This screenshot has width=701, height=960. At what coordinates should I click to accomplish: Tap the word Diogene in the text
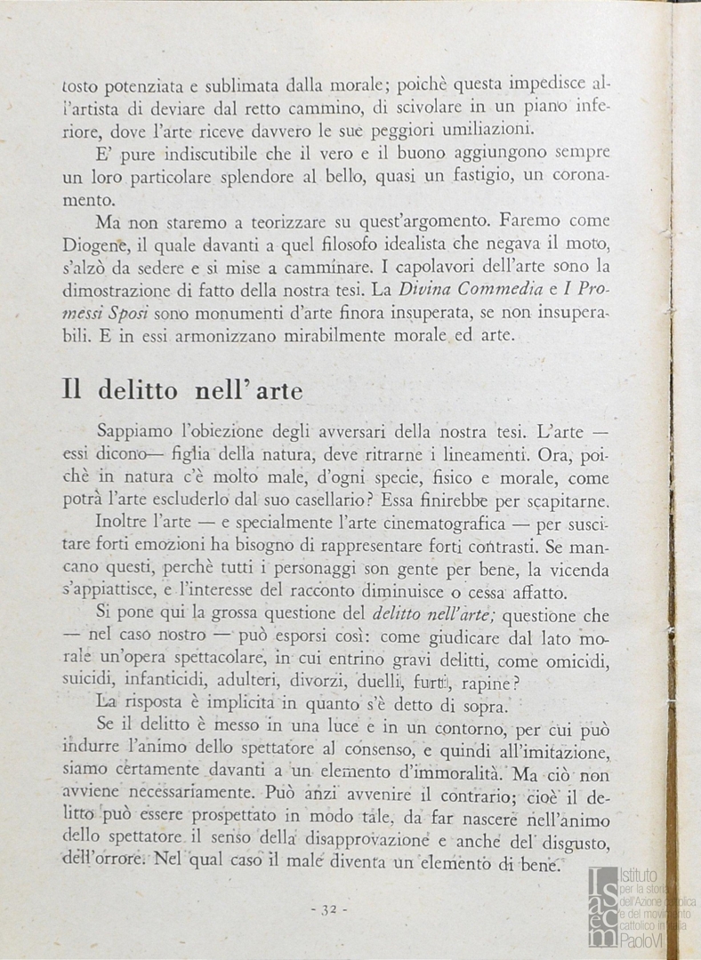97,244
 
